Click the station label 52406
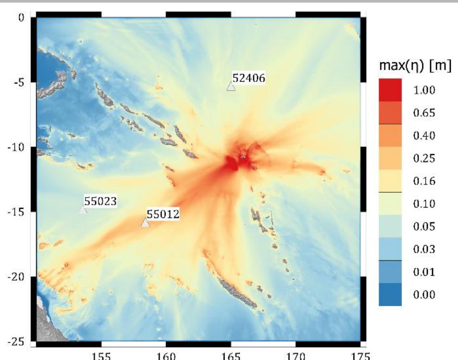click(249, 78)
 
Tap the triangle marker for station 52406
click(231, 87)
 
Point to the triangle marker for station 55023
click(83, 209)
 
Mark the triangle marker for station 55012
click(145, 222)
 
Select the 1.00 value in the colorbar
click(425, 90)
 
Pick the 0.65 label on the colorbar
click(425, 113)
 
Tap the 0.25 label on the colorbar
click(425, 158)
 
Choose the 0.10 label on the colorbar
click(425, 204)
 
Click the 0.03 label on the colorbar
click(425, 249)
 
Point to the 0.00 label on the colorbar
click(425, 294)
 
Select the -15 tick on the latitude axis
click(17, 211)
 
